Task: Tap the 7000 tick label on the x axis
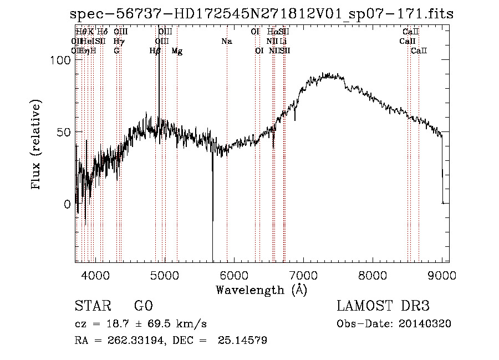click(303, 274)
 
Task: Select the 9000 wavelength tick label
click(442, 274)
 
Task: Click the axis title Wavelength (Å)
click(262, 290)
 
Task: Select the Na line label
click(226, 42)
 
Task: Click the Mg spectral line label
click(177, 51)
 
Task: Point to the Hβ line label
click(155, 51)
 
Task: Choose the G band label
click(116, 51)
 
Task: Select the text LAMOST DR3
click(383, 306)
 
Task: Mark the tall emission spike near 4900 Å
click(159, 72)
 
